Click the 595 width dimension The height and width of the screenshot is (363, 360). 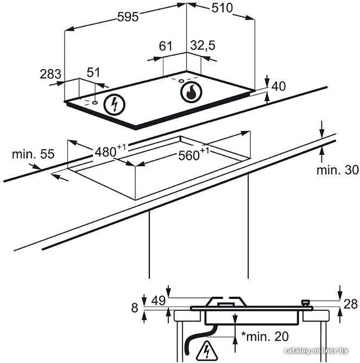(x=128, y=17)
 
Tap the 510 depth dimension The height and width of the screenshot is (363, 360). (x=222, y=8)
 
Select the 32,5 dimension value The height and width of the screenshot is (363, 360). (x=203, y=46)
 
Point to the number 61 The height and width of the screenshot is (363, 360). (x=166, y=46)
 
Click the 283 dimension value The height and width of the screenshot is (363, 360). (x=50, y=74)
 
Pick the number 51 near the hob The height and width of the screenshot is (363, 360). (x=93, y=72)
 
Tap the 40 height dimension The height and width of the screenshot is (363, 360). (x=279, y=86)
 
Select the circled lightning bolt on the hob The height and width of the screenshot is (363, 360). (x=114, y=105)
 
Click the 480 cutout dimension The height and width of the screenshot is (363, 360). (x=110, y=151)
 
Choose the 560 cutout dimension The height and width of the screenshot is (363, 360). (x=193, y=154)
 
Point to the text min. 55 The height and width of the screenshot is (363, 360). (x=33, y=154)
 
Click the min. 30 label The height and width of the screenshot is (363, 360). (x=338, y=170)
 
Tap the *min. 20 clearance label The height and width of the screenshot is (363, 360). (x=265, y=336)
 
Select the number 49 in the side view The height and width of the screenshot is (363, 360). (x=159, y=301)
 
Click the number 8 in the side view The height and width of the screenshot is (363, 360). (x=135, y=308)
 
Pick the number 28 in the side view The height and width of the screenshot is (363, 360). (x=351, y=304)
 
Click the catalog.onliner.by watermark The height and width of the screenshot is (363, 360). (x=316, y=351)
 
